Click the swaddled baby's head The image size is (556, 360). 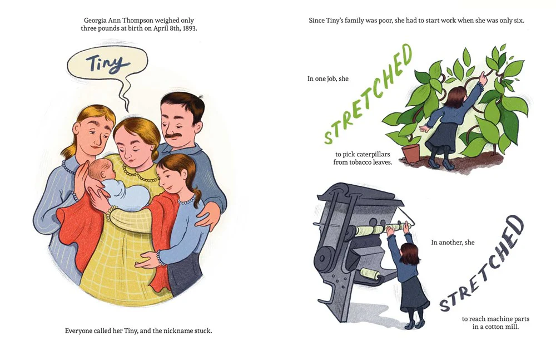[x=102, y=170]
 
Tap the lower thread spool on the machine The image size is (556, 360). [x=370, y=274]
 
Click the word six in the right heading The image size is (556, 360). [x=519, y=21]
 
